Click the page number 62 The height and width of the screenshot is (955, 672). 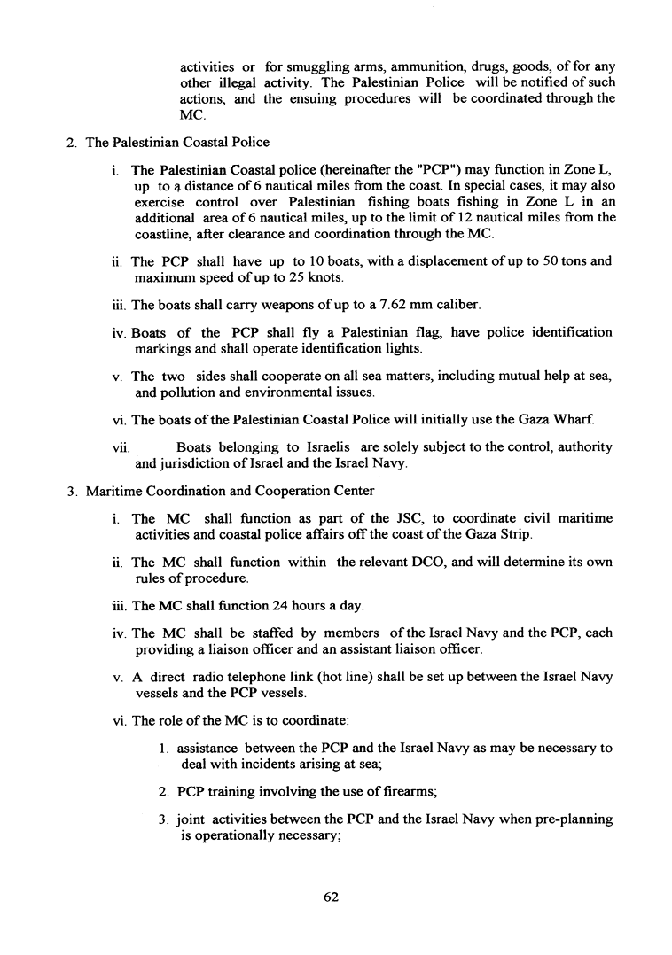tap(332, 897)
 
